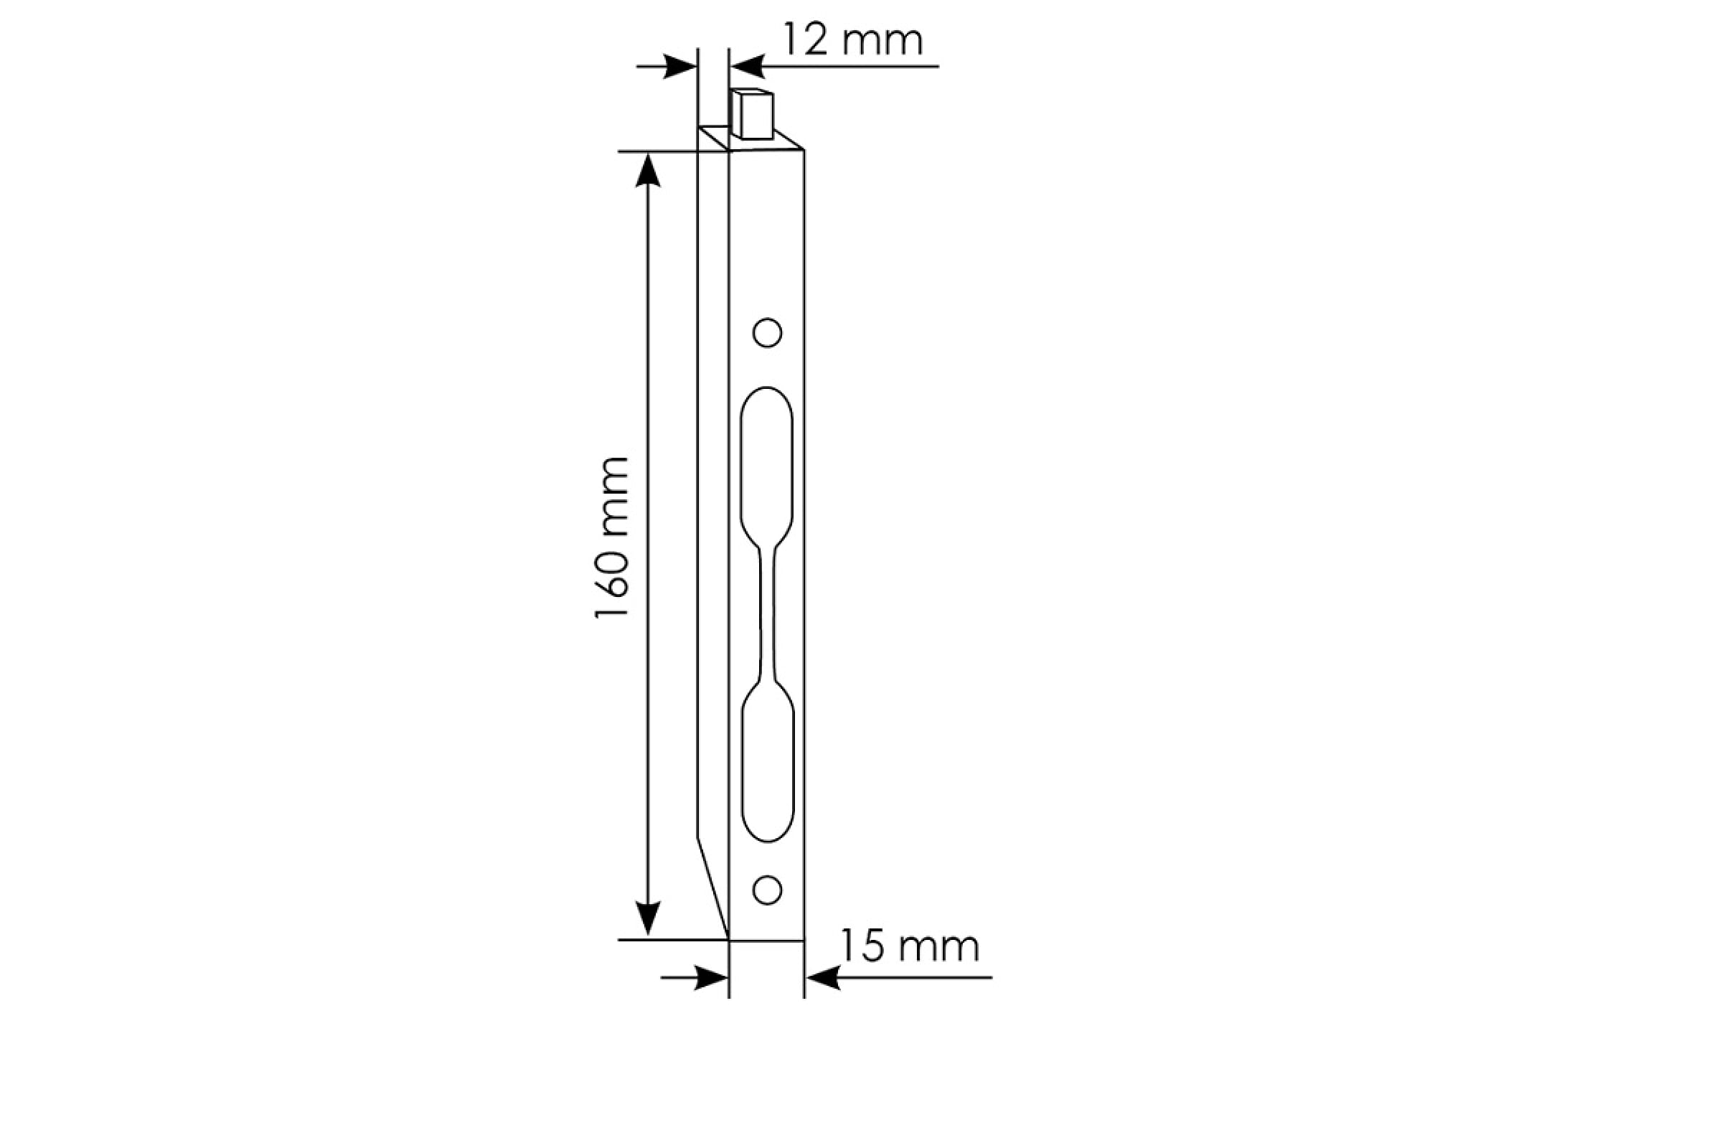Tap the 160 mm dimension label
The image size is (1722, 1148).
pos(611,537)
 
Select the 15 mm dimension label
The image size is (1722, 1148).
pos(908,946)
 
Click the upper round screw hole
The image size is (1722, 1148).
pos(767,333)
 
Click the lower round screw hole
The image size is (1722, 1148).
pos(767,890)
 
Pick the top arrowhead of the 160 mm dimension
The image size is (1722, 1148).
pos(648,170)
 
